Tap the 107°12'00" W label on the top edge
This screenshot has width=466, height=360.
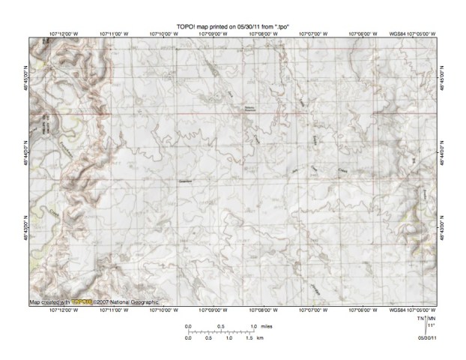tap(63, 34)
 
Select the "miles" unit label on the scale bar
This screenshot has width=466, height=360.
tap(267, 326)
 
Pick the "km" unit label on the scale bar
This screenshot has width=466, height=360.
tap(259, 339)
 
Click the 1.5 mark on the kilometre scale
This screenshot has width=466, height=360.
tap(249, 339)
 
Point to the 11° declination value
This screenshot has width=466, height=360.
tap(431, 326)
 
